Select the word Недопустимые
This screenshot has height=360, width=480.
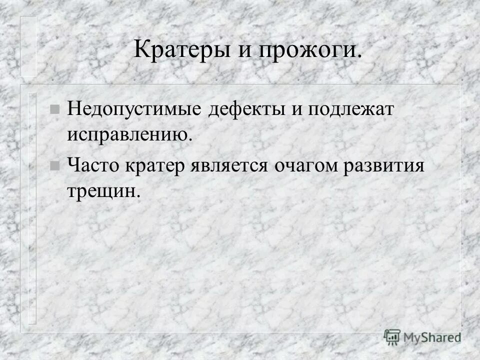click(x=136, y=109)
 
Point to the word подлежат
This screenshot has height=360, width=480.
click(x=351, y=110)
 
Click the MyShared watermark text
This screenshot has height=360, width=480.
click(x=432, y=337)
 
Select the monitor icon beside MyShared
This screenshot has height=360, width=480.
click(x=392, y=337)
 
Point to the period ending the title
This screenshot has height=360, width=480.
click(x=358, y=56)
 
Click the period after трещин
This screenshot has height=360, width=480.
click(x=138, y=195)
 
